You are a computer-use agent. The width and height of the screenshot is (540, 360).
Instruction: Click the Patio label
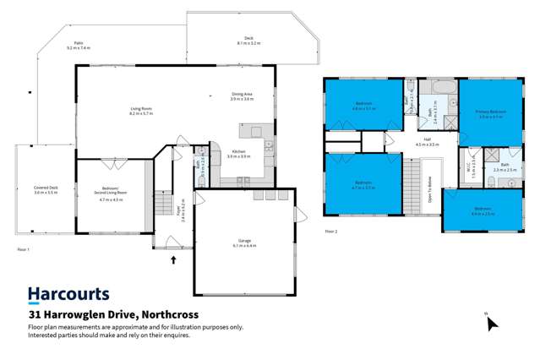[80, 46]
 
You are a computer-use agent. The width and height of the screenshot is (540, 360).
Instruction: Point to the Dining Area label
[242, 95]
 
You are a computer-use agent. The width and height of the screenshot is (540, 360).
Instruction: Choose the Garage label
[244, 243]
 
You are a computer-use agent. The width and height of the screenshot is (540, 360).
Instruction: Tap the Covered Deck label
[45, 191]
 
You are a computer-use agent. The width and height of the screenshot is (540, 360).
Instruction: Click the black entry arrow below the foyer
[174, 260]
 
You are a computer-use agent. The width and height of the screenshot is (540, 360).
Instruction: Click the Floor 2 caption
[331, 231]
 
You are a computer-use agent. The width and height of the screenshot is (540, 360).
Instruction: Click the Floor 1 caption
[24, 250]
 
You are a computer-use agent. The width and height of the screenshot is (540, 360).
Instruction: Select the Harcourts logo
[68, 295]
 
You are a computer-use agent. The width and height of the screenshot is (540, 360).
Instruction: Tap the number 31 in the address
[35, 314]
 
